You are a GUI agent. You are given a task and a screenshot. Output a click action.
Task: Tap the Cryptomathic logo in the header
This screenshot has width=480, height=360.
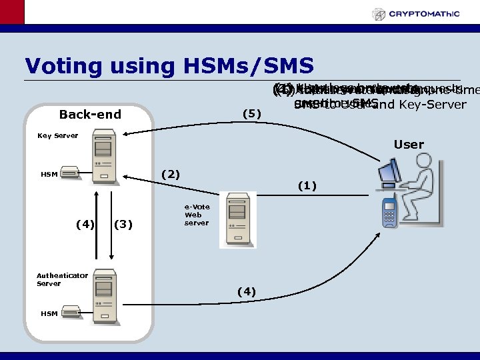pos(424,14)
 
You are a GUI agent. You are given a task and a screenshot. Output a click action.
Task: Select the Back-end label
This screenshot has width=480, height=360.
pos(90,114)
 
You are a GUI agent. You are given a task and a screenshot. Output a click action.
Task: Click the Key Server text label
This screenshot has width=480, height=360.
pos(57,135)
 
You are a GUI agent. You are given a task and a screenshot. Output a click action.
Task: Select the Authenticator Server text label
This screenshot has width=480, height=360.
pos(62,279)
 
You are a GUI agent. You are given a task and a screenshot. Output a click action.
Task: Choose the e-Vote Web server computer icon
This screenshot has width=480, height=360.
pos(237,219)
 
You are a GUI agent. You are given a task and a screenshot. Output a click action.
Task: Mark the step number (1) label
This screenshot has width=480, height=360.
pos(307,186)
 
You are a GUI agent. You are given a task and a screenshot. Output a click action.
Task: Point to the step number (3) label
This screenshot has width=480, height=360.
pos(125,224)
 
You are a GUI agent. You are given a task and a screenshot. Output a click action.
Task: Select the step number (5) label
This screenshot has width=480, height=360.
pos(251,113)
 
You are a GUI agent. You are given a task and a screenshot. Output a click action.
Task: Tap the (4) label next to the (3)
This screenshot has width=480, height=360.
pos(85,224)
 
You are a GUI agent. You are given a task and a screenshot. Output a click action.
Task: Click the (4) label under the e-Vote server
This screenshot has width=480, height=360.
pos(247,291)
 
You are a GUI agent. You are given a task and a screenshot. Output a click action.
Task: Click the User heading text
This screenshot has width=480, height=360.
pos(409,145)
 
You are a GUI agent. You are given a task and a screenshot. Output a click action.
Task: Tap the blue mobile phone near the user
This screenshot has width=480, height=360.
pos(389,213)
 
